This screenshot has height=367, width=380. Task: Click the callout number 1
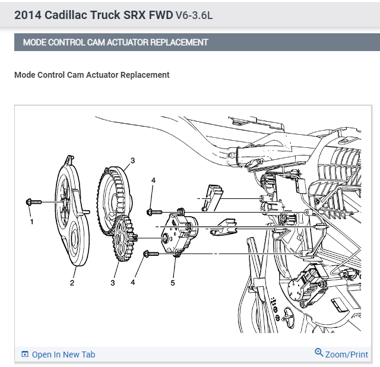point(31,222)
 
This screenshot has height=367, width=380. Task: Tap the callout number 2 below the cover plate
point(72,283)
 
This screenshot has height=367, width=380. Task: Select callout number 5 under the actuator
point(173,283)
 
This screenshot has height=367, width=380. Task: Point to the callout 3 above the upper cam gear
point(132,160)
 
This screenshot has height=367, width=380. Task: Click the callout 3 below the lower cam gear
point(112,283)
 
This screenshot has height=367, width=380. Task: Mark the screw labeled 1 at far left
point(33,203)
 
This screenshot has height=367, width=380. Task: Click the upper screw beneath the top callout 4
point(154,211)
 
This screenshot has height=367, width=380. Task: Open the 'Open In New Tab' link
point(63,355)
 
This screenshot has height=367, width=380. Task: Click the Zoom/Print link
point(347,355)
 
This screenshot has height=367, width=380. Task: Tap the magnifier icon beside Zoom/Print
point(319,353)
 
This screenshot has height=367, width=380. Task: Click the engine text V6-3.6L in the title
point(194,15)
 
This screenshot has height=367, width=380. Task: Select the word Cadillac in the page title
point(73,15)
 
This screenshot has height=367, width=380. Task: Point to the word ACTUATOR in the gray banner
point(133,43)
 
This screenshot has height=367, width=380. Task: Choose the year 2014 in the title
point(27,15)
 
